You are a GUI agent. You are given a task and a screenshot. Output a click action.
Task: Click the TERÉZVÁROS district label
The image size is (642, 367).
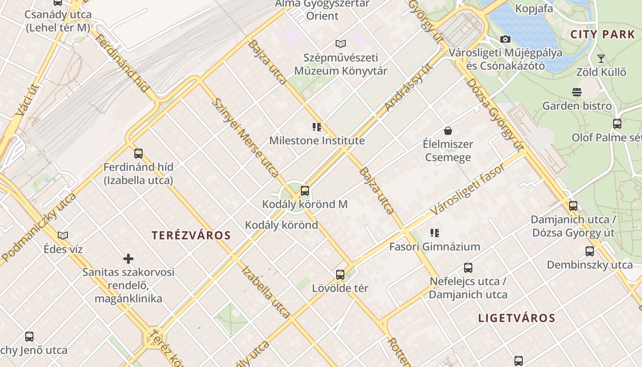(x=191, y=236)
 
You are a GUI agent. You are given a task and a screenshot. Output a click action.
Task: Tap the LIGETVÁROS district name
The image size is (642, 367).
(x=517, y=318)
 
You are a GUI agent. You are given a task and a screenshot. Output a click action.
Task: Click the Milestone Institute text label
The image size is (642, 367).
(x=317, y=141)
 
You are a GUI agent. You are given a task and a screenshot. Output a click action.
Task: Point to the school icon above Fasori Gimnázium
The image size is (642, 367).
(x=435, y=233)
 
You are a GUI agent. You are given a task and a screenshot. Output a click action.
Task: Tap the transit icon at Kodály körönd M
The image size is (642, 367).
(x=305, y=191)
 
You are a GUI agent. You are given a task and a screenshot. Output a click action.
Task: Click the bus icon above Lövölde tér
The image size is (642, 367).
(x=340, y=275)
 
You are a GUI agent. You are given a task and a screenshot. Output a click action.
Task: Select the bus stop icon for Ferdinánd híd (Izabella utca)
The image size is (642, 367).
(x=138, y=154)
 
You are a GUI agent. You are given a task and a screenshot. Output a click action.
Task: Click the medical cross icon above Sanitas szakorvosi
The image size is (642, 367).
(x=128, y=259)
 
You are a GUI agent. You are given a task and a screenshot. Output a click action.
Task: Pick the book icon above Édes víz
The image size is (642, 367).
(x=63, y=235)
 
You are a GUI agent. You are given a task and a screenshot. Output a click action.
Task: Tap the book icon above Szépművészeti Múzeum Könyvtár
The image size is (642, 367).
(x=340, y=44)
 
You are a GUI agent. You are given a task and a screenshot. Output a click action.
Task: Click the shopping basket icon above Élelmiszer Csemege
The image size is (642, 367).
(x=448, y=131)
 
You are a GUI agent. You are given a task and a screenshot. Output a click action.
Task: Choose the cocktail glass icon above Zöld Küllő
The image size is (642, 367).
(x=601, y=59)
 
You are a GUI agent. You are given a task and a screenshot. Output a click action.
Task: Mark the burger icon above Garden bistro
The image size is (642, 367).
(x=577, y=92)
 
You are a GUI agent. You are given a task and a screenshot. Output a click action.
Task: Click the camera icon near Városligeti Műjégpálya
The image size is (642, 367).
(x=505, y=39)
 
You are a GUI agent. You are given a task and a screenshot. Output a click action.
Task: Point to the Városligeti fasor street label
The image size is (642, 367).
(x=468, y=189)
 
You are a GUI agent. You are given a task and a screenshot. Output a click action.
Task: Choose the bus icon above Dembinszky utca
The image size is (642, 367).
(x=590, y=251)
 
